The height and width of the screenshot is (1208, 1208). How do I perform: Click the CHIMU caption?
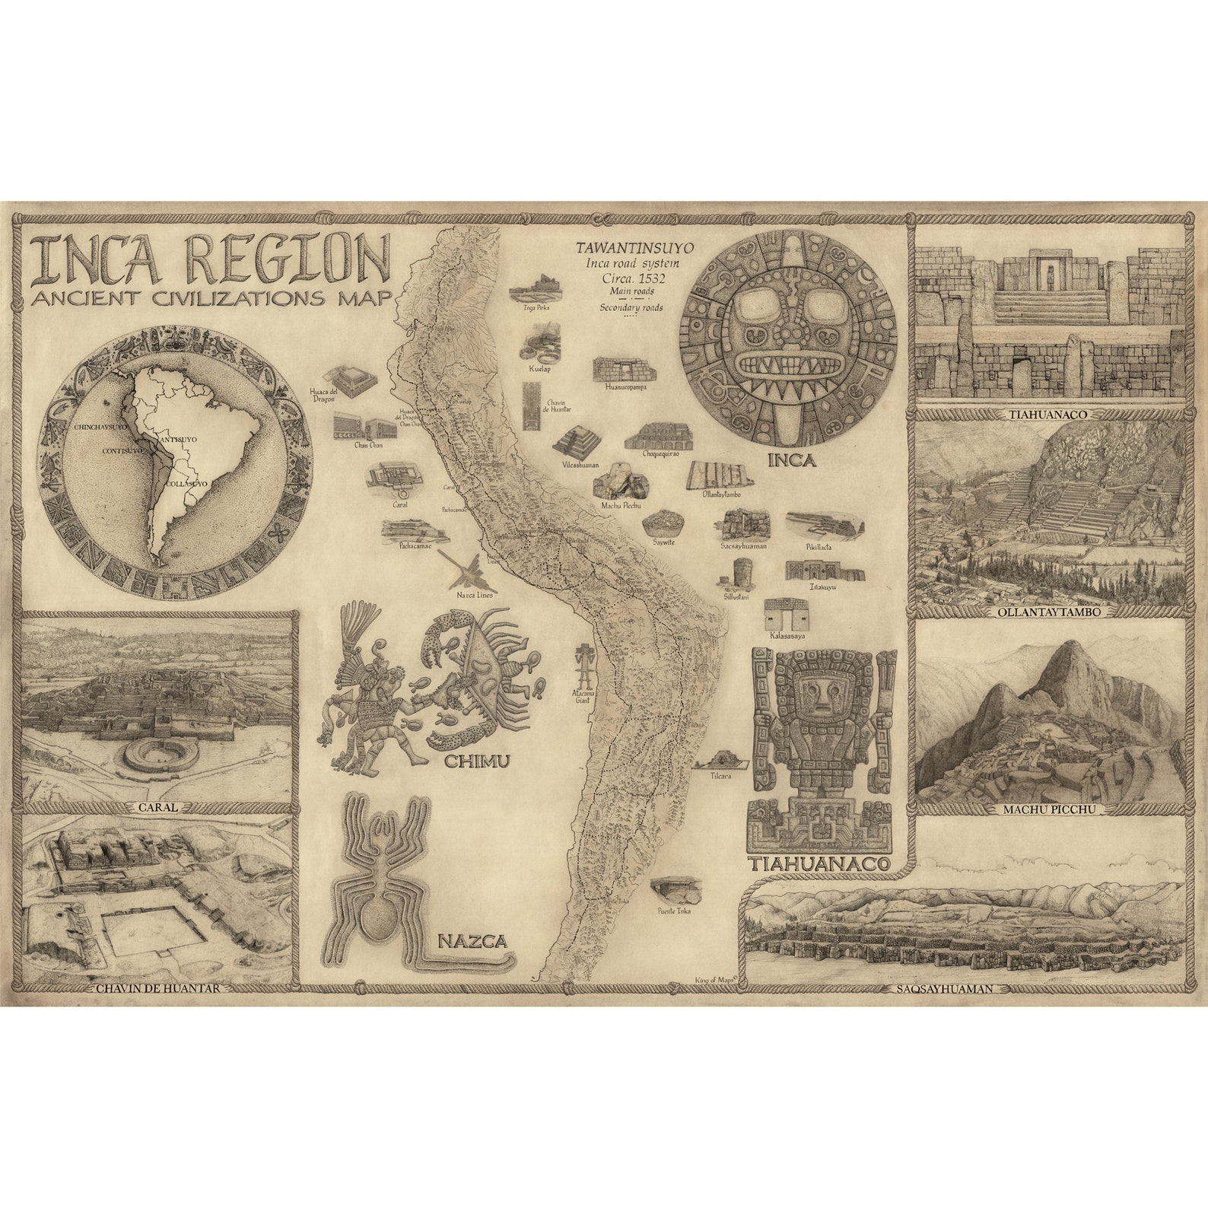pyautogui.click(x=476, y=761)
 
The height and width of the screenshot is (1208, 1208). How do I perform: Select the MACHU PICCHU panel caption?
pyautogui.click(x=1050, y=810)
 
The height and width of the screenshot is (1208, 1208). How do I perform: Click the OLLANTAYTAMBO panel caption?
pyautogui.click(x=1051, y=612)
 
